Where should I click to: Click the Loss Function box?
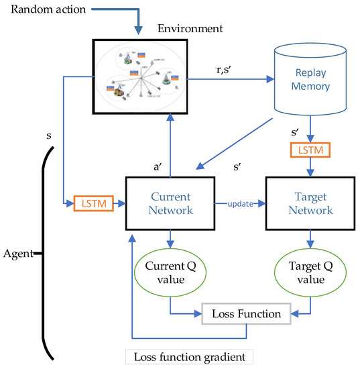(247, 312)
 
